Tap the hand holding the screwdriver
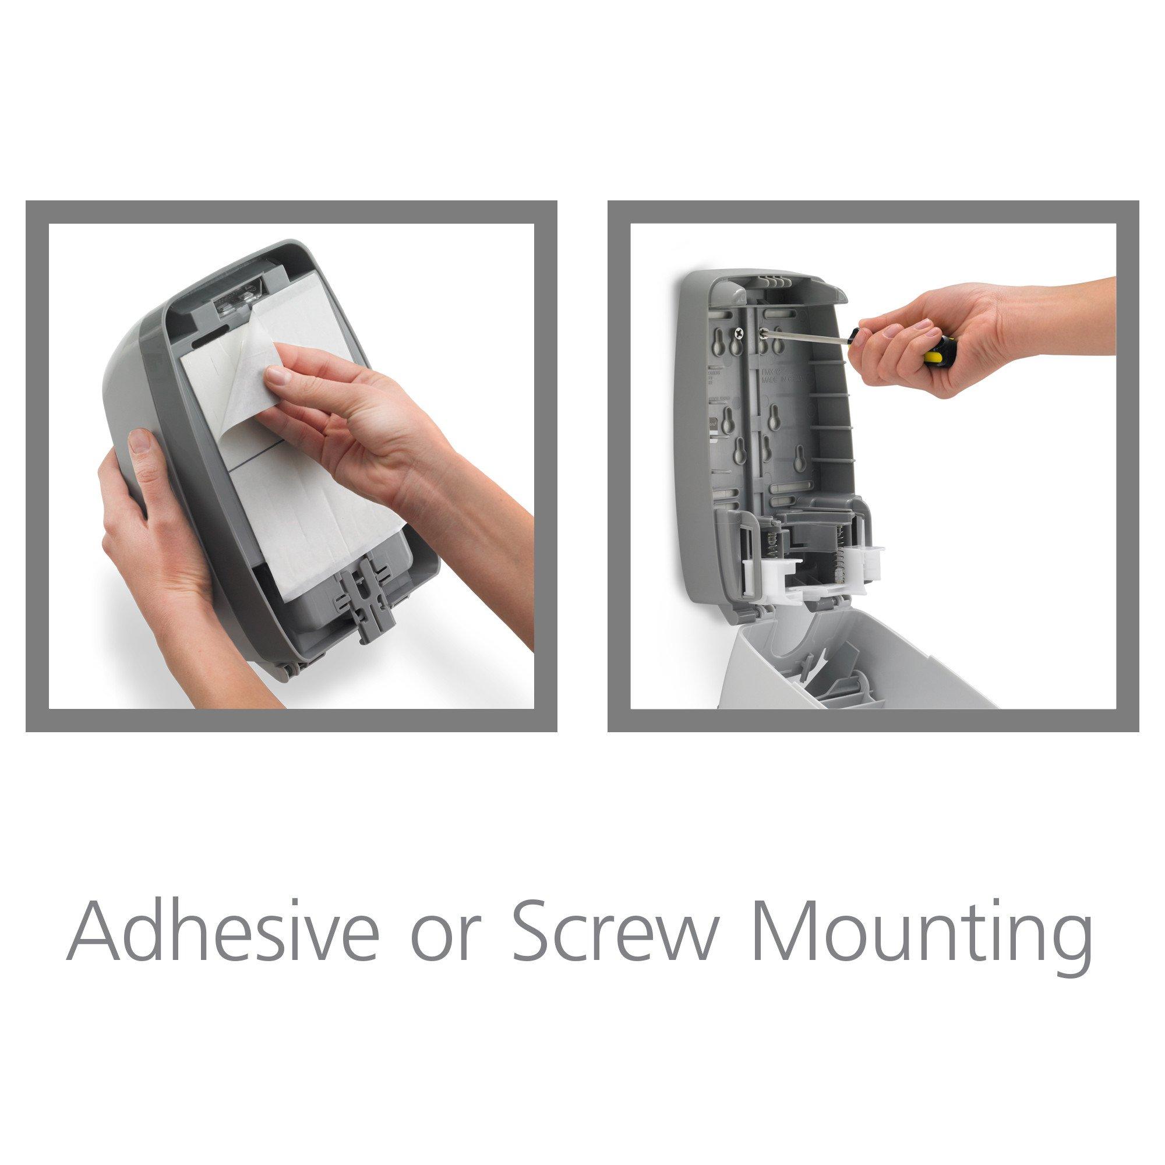(x=941, y=338)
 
